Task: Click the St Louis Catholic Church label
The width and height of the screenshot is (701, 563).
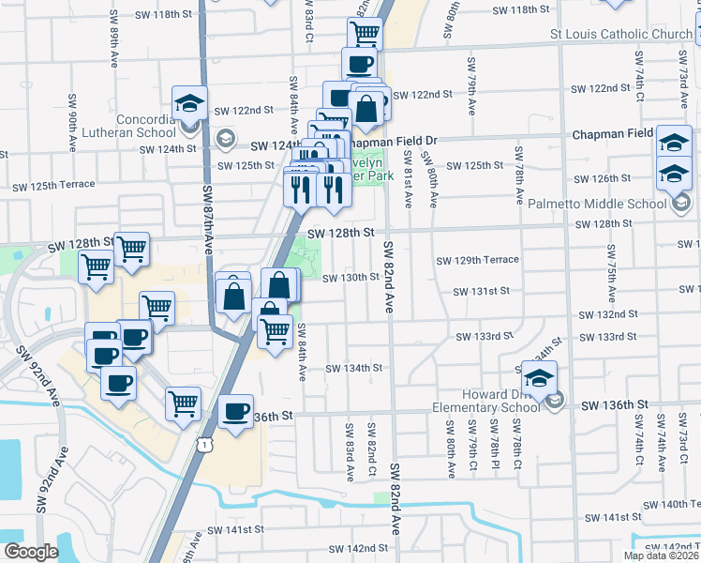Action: [620, 36]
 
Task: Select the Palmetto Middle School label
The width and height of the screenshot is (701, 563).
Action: [608, 204]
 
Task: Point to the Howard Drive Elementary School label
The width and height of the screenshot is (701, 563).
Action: [484, 401]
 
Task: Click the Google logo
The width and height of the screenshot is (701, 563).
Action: [30, 552]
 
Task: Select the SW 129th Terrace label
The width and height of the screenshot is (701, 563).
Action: [477, 260]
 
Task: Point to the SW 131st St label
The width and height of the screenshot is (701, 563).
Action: [481, 291]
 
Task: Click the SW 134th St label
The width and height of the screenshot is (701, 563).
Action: [353, 368]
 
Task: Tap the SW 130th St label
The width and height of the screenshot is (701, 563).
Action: [350, 278]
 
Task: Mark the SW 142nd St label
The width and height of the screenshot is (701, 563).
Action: [353, 548]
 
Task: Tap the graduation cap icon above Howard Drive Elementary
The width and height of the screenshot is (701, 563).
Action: [539, 378]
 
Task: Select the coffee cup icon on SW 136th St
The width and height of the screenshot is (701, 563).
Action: [235, 411]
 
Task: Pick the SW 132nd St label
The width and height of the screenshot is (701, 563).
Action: [607, 313]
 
